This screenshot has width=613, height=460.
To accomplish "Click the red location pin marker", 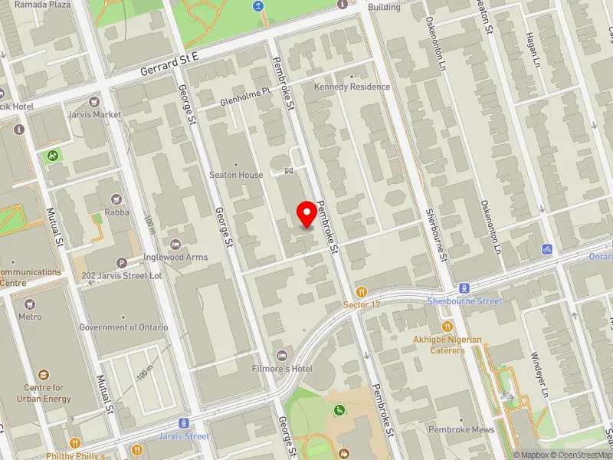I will pos(307,215).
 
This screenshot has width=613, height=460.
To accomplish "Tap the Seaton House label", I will pos(237,175).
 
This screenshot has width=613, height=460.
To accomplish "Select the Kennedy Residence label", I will pos(352,87).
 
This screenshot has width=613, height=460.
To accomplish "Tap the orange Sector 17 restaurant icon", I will pos(362,292).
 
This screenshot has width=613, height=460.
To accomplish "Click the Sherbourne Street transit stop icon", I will pos(464,288).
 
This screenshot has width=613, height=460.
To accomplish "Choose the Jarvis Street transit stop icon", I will pos(184,423).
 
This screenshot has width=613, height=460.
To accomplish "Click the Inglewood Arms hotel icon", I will pos(175,245).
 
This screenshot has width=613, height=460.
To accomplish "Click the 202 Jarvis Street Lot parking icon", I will pos(121,263).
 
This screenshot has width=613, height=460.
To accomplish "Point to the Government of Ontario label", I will pos(123,327).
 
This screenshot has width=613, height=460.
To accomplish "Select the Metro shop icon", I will pos(30,304).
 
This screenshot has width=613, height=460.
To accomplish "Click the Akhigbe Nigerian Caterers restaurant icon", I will pos(448,327).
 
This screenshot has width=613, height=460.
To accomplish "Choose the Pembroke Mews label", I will pos(461,430).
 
